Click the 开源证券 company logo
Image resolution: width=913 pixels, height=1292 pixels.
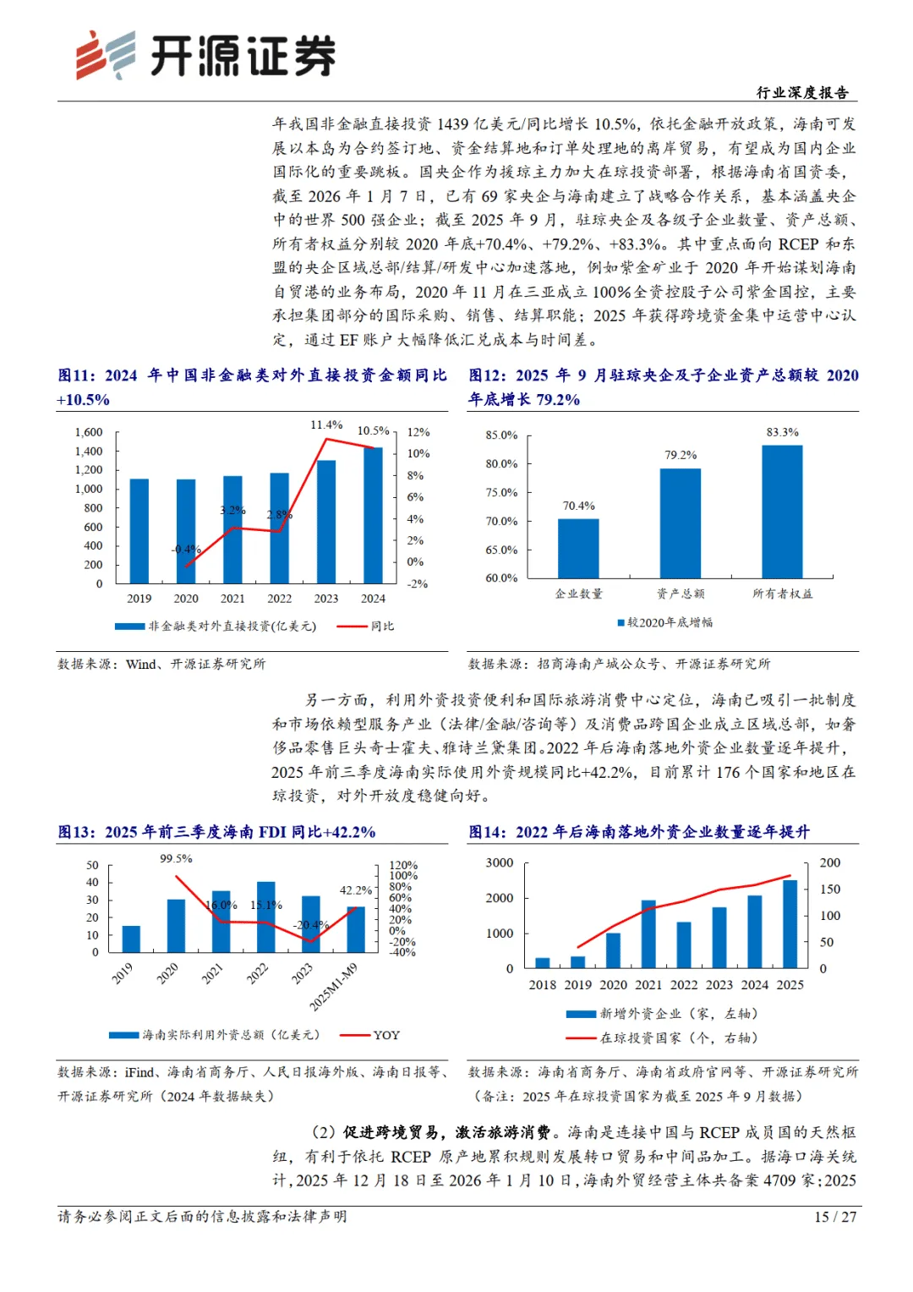[x=205, y=55]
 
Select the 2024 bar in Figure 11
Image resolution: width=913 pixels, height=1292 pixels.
[x=373, y=515]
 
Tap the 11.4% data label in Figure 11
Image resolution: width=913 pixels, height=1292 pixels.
[x=326, y=425]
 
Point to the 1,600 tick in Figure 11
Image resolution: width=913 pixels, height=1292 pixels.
[x=89, y=432]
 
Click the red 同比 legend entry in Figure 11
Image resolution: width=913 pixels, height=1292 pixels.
[x=365, y=626]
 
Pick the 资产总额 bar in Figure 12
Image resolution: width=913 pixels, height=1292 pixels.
[x=680, y=523]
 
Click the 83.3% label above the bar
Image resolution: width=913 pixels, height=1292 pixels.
[x=782, y=432]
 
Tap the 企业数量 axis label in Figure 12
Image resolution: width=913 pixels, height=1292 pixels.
[x=578, y=594]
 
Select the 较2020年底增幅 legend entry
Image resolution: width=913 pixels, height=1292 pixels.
[x=665, y=622]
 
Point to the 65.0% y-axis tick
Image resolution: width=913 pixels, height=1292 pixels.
[x=501, y=550]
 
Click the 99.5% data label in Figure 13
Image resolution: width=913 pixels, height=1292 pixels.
[x=176, y=859]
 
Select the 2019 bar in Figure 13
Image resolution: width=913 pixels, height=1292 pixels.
[x=131, y=939]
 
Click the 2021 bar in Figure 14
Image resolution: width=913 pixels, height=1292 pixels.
[x=648, y=933]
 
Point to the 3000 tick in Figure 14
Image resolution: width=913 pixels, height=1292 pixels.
[x=500, y=862]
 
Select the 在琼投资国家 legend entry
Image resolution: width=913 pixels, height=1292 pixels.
[x=662, y=1038]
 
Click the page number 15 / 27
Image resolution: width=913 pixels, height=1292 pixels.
[x=834, y=1217]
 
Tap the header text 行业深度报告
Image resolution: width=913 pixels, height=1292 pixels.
[x=802, y=92]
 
